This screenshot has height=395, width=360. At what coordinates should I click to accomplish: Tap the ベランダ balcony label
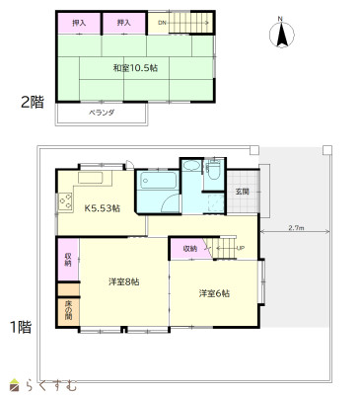tap(103, 113)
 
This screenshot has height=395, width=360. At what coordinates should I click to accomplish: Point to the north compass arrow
tap(281, 36)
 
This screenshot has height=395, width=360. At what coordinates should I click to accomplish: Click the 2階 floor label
tap(33, 101)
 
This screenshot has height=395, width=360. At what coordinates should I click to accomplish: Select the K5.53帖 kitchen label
tap(102, 208)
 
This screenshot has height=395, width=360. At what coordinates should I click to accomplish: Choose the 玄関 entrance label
tap(243, 192)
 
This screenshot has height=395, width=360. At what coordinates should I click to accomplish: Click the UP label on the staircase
tap(240, 248)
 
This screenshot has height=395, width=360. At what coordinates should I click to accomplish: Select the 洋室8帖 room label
tap(123, 281)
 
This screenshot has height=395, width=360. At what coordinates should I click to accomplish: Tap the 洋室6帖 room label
tap(214, 293)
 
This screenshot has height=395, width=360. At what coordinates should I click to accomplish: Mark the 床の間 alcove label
tap(67, 312)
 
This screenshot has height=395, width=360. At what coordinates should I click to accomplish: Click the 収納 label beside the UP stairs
tap(189, 248)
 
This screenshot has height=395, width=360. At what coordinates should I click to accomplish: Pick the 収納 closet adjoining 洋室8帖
tap(67, 261)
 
